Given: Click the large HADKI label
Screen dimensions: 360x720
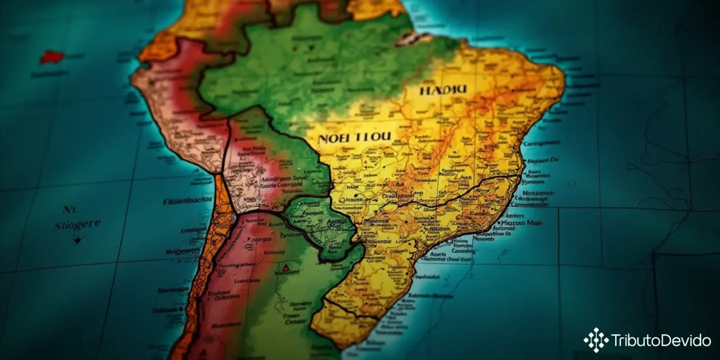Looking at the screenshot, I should pos(443,90).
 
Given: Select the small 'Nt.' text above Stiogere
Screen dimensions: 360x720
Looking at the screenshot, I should pos(67,209).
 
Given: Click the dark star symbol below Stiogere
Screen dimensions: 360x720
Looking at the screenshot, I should pos(76,239).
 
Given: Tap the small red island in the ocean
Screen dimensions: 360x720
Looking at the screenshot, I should pos(51,57).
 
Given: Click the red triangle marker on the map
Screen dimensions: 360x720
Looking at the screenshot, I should pos(285,268).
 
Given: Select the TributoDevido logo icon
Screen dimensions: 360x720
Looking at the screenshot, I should pos(595,340).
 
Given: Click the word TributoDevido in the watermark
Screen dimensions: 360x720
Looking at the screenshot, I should pos(660,340).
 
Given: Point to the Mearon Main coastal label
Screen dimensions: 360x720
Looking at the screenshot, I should pos(522,223).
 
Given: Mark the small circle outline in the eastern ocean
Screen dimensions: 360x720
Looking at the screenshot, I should pos(571,183).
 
